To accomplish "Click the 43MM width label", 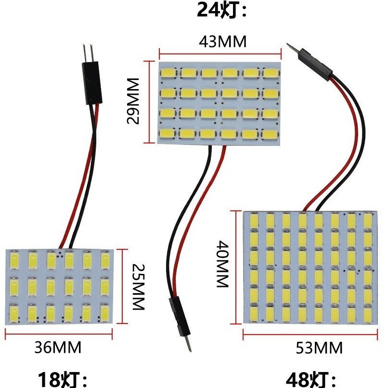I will point(222,42).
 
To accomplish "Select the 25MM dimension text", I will point(138,286).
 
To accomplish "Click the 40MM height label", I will point(221,268).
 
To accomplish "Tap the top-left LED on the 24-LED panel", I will point(168,73).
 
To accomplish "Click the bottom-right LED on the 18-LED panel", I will point(105,314).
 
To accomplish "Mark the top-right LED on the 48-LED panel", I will point(368,221).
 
